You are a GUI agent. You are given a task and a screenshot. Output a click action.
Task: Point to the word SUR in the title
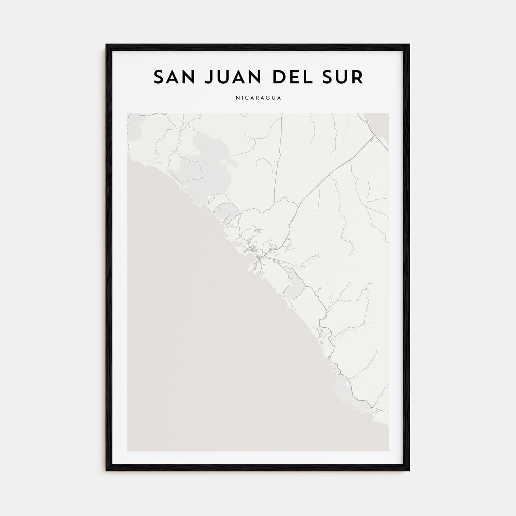(x=345, y=77)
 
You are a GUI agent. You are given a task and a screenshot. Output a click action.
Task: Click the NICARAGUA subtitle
(x=258, y=98)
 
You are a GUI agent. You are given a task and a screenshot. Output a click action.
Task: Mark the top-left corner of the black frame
(x=107, y=45)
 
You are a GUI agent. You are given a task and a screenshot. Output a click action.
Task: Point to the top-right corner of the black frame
(x=409, y=45)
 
